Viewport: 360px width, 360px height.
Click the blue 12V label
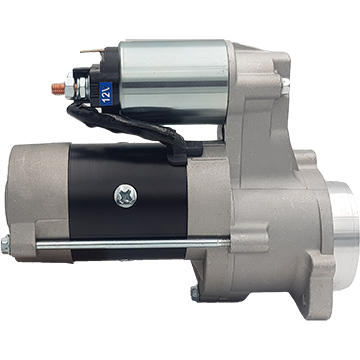point(106,94)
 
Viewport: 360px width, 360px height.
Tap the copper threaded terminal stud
point(59,88)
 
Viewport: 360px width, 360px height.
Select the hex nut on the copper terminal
point(70,87)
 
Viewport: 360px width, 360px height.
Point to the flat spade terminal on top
point(92,51)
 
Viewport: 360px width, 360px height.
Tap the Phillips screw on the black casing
point(126,196)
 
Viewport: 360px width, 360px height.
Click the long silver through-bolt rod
point(133,244)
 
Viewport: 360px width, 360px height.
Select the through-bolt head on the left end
point(5,244)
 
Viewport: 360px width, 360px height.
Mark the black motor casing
point(128,200)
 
